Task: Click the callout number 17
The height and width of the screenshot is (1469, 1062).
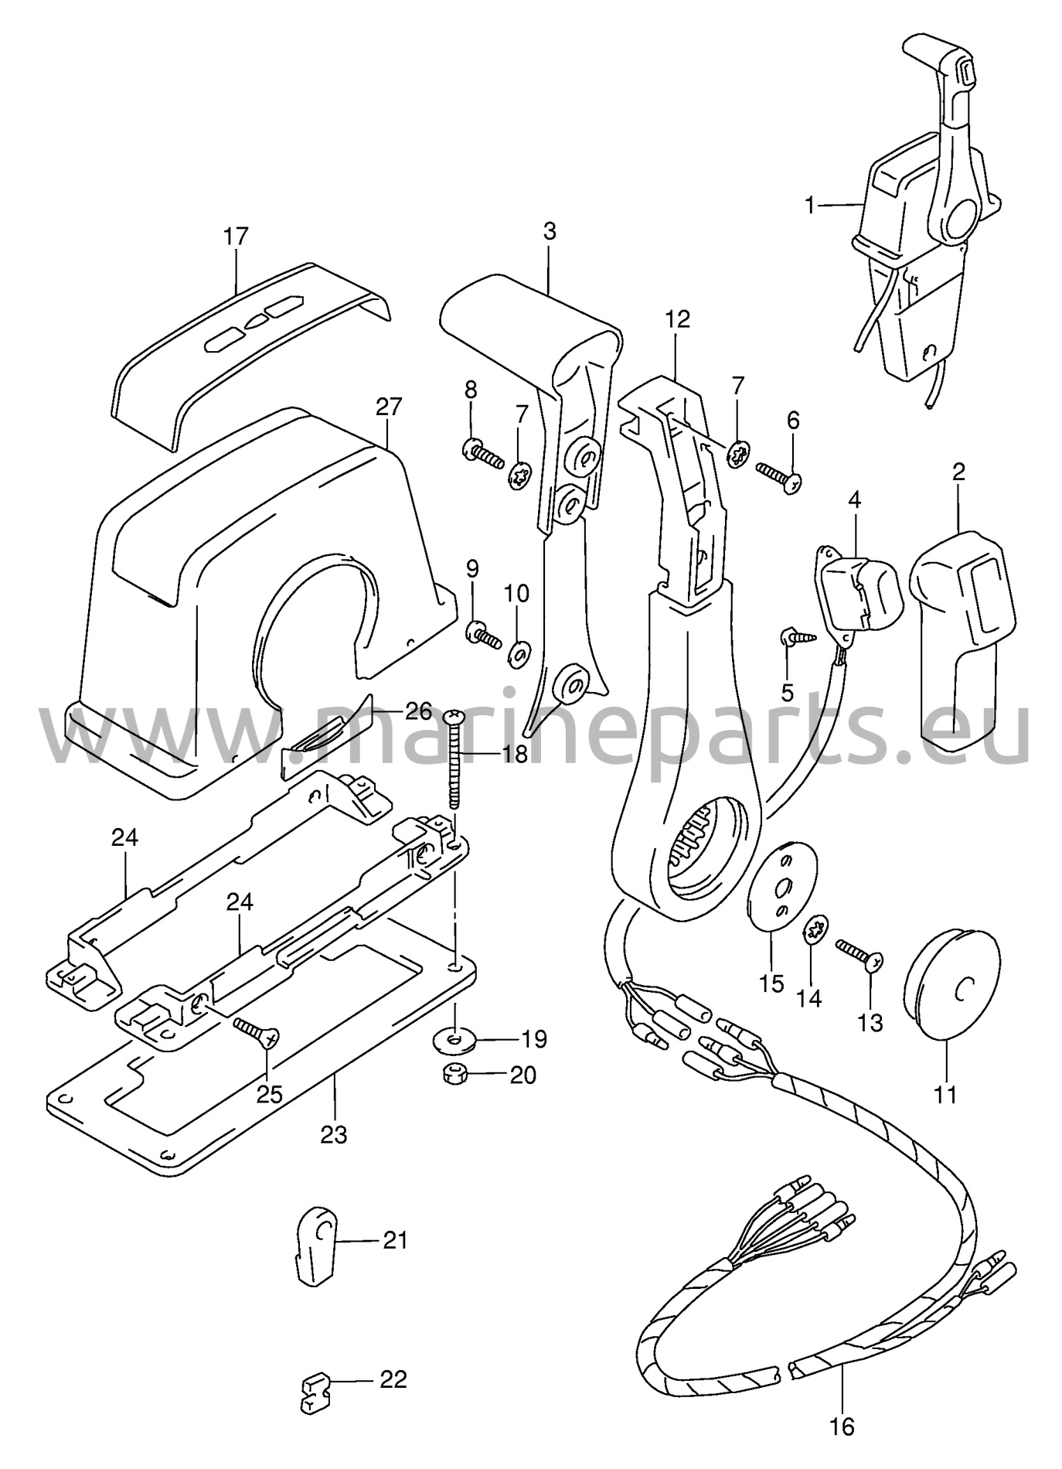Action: tap(237, 236)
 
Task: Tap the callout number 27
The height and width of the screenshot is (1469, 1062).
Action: tap(390, 406)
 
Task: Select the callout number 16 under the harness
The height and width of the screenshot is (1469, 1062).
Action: tap(843, 1426)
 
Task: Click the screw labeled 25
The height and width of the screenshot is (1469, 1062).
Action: tap(257, 1031)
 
